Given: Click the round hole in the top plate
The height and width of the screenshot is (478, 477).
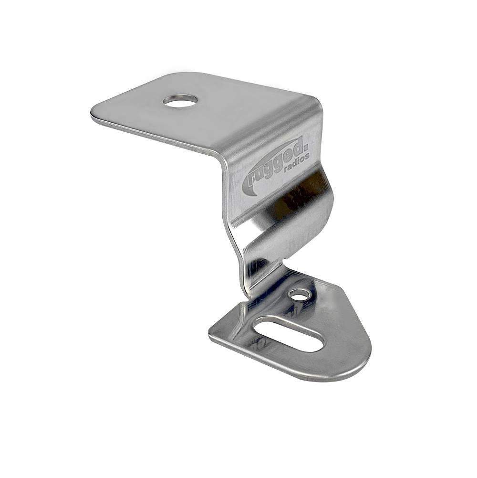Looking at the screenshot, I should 180,101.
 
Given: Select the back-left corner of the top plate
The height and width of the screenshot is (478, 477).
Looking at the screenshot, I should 172,75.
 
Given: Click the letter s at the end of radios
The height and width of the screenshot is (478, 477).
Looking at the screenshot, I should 308,155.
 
